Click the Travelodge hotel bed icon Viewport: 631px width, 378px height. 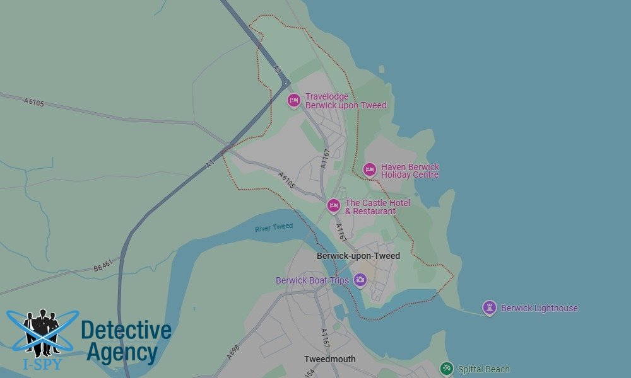[293, 100]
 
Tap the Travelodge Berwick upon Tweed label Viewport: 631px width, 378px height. [345, 101]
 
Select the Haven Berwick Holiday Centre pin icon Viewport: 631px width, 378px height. [370, 169]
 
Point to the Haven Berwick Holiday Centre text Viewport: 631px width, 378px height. [410, 171]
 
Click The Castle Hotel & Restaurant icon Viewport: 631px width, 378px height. [334, 205]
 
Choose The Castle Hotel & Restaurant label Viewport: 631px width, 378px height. [377, 207]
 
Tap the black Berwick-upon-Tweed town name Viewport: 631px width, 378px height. [358, 256]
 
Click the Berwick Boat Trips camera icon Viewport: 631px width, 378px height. [360, 279]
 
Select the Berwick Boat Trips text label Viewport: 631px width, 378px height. [312, 280]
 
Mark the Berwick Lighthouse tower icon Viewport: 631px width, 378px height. [489, 307]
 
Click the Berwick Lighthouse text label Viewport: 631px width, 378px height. [539, 308]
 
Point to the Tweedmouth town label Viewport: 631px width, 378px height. [329, 359]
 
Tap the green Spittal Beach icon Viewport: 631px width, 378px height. [447, 369]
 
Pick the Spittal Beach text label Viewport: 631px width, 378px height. [483, 369]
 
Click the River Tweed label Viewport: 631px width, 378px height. [274, 227]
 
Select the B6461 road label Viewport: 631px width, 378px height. [103, 267]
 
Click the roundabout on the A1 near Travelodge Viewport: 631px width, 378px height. [286, 83]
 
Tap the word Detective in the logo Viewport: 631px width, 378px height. [126, 330]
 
